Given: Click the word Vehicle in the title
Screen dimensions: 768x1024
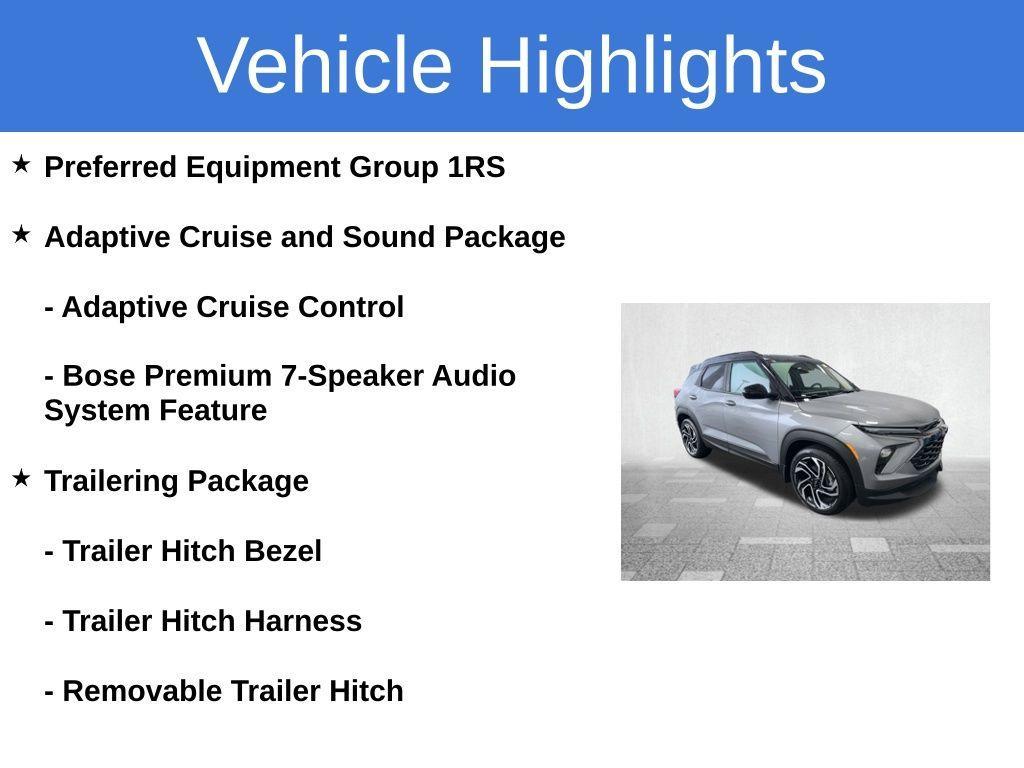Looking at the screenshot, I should point(325,65).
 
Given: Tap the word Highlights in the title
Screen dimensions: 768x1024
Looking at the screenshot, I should point(652,65).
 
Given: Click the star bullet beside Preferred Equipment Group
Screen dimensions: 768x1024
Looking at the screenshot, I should point(21,165).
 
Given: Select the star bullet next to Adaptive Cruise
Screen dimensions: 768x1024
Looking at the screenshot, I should point(21,235).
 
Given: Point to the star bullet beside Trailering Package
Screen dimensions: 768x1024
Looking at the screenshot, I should point(21,479).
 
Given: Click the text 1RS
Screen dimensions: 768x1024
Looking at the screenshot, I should point(476,167).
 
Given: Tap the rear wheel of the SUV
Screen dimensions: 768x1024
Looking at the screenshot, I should point(692,437).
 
